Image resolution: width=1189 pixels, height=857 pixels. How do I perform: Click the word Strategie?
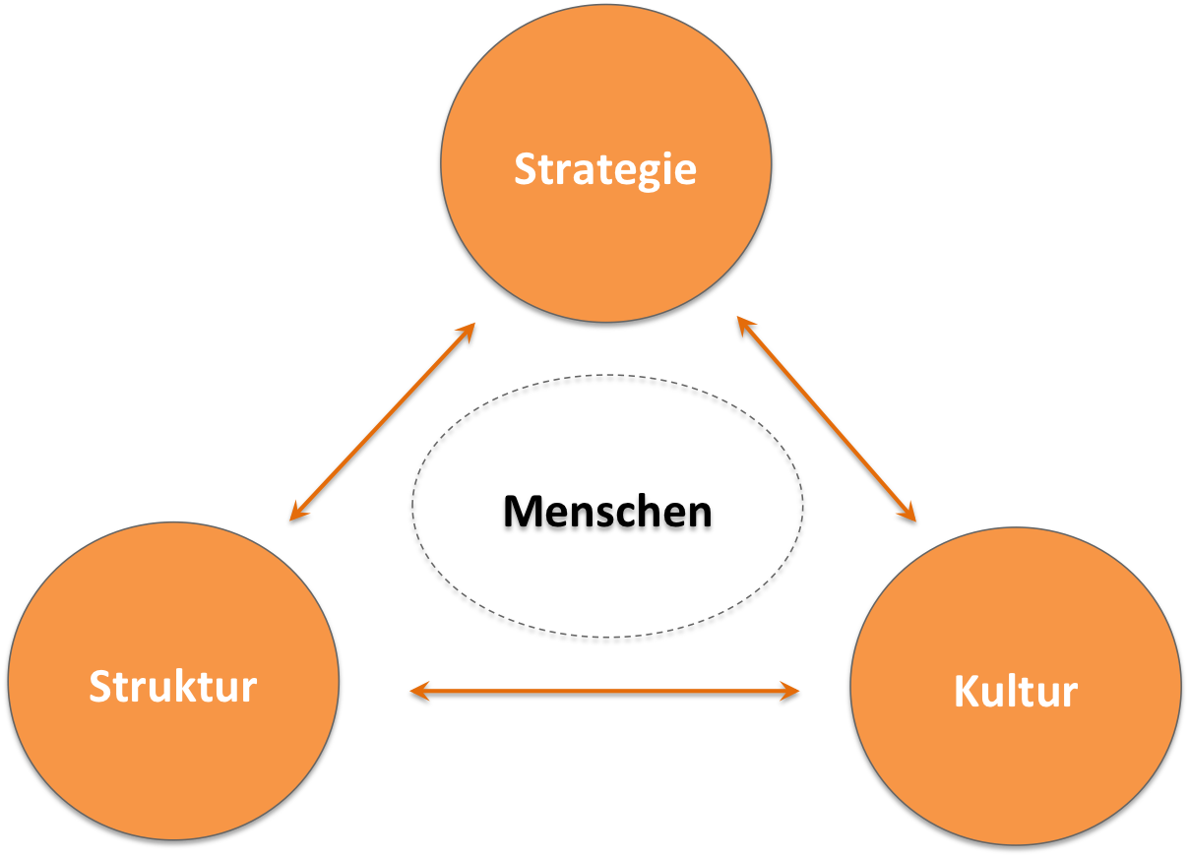605,170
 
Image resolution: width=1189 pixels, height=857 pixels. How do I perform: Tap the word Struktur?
173,686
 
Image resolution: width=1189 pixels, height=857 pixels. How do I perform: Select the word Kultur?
1016,691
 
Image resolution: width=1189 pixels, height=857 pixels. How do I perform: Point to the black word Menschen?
607,511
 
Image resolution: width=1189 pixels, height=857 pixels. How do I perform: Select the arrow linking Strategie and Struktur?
382,422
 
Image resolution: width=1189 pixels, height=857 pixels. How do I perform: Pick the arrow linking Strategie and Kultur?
827,419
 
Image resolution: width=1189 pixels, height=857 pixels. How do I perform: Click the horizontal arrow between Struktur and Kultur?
604,691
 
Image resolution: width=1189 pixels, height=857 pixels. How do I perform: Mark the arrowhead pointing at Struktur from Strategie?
298,512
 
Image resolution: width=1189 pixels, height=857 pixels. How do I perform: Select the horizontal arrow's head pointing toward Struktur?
419,691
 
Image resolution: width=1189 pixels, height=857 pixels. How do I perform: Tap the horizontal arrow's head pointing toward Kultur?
789,691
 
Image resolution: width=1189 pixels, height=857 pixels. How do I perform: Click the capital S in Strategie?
528,169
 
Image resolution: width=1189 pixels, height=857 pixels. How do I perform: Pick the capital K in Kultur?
968,691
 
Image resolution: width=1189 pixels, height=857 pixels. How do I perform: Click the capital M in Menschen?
524,511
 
